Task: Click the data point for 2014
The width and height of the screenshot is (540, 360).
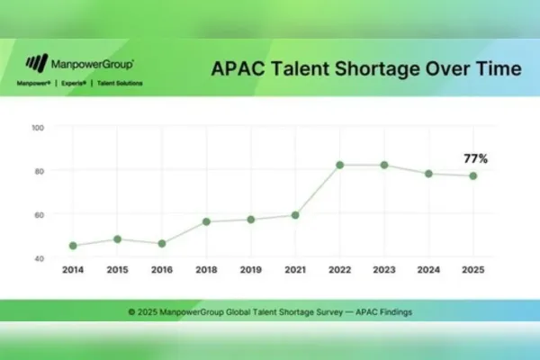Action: tap(73, 246)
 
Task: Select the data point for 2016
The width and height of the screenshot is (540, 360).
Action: tap(162, 244)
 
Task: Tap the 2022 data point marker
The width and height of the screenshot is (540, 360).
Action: tap(340, 165)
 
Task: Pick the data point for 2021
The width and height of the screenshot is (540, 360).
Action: tap(295, 215)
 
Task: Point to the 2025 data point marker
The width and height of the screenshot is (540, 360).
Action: tap(473, 176)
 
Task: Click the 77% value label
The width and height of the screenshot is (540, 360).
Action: tap(475, 158)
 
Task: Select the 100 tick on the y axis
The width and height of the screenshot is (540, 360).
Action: tap(38, 128)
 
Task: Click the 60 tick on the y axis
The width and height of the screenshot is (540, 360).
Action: tap(40, 215)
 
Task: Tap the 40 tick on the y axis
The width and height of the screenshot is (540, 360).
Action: tap(40, 258)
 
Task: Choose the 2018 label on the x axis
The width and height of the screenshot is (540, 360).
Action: tap(206, 269)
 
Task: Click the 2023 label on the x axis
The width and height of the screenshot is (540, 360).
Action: tap(384, 269)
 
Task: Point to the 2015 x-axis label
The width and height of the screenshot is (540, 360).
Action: tap(117, 269)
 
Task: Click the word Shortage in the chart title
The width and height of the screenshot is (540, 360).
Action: tap(378, 69)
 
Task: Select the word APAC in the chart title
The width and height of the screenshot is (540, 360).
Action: tap(238, 68)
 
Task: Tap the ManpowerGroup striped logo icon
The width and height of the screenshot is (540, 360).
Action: tap(37, 63)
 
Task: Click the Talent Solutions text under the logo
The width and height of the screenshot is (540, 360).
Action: tap(120, 83)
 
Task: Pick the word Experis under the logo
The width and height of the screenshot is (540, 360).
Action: tap(74, 83)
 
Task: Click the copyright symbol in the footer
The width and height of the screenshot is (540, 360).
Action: tap(131, 312)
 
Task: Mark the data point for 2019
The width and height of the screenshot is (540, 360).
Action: tap(251, 220)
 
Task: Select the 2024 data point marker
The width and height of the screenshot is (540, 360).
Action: tap(428, 174)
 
